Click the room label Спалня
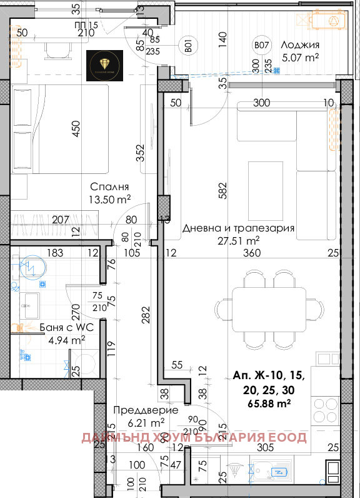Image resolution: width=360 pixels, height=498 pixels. pyautogui.click(x=109, y=187)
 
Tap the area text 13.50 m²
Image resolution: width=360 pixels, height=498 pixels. pyautogui.click(x=109, y=200)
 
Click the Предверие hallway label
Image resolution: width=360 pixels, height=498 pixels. pyautogui.click(x=145, y=410)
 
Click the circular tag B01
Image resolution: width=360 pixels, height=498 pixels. pyautogui.click(x=186, y=44)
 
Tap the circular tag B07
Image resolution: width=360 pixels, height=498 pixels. pyautogui.click(x=261, y=45)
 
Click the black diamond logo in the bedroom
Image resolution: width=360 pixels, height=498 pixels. pyautogui.click(x=103, y=63)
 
